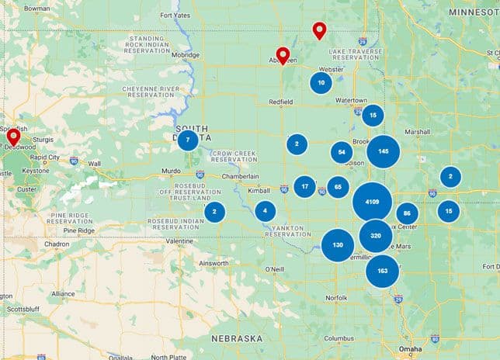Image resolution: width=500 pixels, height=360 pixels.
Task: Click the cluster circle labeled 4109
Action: [x=372, y=202]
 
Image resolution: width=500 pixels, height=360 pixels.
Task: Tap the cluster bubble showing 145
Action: [x=384, y=151]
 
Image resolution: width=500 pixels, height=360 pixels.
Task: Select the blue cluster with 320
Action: [x=376, y=235]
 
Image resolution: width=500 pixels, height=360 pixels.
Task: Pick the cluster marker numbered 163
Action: [x=382, y=271]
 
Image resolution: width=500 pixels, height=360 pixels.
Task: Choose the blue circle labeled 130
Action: [x=338, y=245]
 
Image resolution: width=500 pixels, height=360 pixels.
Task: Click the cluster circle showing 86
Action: [x=407, y=214]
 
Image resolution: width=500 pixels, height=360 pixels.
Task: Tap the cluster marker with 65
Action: [x=338, y=187]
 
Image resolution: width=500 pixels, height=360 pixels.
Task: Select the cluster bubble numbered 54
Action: [x=342, y=152]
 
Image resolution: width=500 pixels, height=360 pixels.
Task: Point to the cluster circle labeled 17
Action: [x=304, y=186]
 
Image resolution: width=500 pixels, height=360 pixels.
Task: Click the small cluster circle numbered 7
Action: [x=187, y=140]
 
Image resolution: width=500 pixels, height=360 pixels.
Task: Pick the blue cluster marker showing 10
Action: [x=321, y=83]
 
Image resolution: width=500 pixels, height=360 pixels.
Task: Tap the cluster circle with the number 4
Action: [x=266, y=211]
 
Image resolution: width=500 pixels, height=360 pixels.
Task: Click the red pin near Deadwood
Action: [x=13, y=137]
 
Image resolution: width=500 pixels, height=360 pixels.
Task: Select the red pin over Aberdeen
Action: [x=283, y=54]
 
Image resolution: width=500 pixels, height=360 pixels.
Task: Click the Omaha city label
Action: [x=410, y=350]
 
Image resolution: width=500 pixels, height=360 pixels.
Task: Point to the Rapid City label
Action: [x=44, y=157]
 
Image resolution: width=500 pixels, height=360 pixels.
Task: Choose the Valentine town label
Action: [x=179, y=241]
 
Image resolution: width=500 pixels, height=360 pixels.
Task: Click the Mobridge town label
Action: [x=186, y=55]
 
